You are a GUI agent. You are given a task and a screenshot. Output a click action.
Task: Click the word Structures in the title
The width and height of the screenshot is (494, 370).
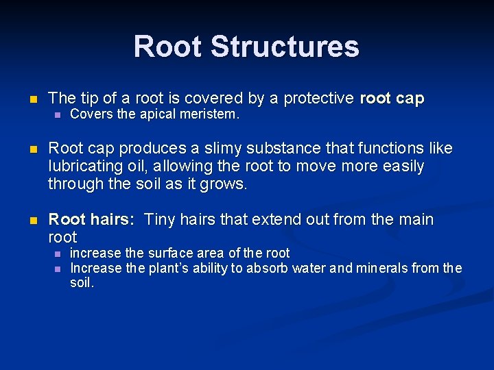pyautogui.click(x=285, y=47)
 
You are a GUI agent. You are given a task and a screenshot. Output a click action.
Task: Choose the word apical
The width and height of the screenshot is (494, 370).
pyautogui.click(x=163, y=114)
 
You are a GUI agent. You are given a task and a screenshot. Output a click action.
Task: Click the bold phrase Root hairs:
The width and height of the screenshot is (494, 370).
pyautogui.click(x=91, y=220)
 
